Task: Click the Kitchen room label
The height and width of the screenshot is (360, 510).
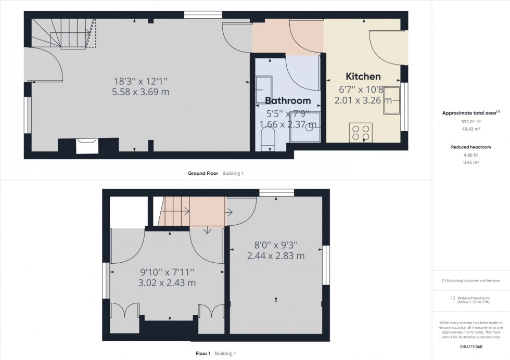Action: pyautogui.click(x=364, y=76)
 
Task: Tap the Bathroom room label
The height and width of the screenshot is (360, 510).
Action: pyautogui.click(x=288, y=100)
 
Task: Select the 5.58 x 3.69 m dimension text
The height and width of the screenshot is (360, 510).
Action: pyautogui.click(x=141, y=92)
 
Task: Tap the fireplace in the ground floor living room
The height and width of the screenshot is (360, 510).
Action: pyautogui.click(x=85, y=146)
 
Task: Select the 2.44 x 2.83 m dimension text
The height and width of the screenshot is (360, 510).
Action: pyautogui.click(x=276, y=256)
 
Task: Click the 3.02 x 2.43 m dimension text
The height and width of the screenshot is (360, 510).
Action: pyautogui.click(x=167, y=283)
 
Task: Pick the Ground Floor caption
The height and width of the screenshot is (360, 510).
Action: pyautogui.click(x=203, y=173)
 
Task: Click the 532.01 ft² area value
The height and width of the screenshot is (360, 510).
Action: pyautogui.click(x=470, y=121)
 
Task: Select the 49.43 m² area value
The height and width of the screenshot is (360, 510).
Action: pyautogui.click(x=470, y=129)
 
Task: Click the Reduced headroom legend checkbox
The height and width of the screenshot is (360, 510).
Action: pyautogui.click(x=453, y=298)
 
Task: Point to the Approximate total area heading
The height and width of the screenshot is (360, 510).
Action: pyautogui.click(x=470, y=112)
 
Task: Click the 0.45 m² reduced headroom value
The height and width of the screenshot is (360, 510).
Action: pyautogui.click(x=470, y=162)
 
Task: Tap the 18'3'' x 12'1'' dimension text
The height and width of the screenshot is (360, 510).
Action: pyautogui.click(x=141, y=81)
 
